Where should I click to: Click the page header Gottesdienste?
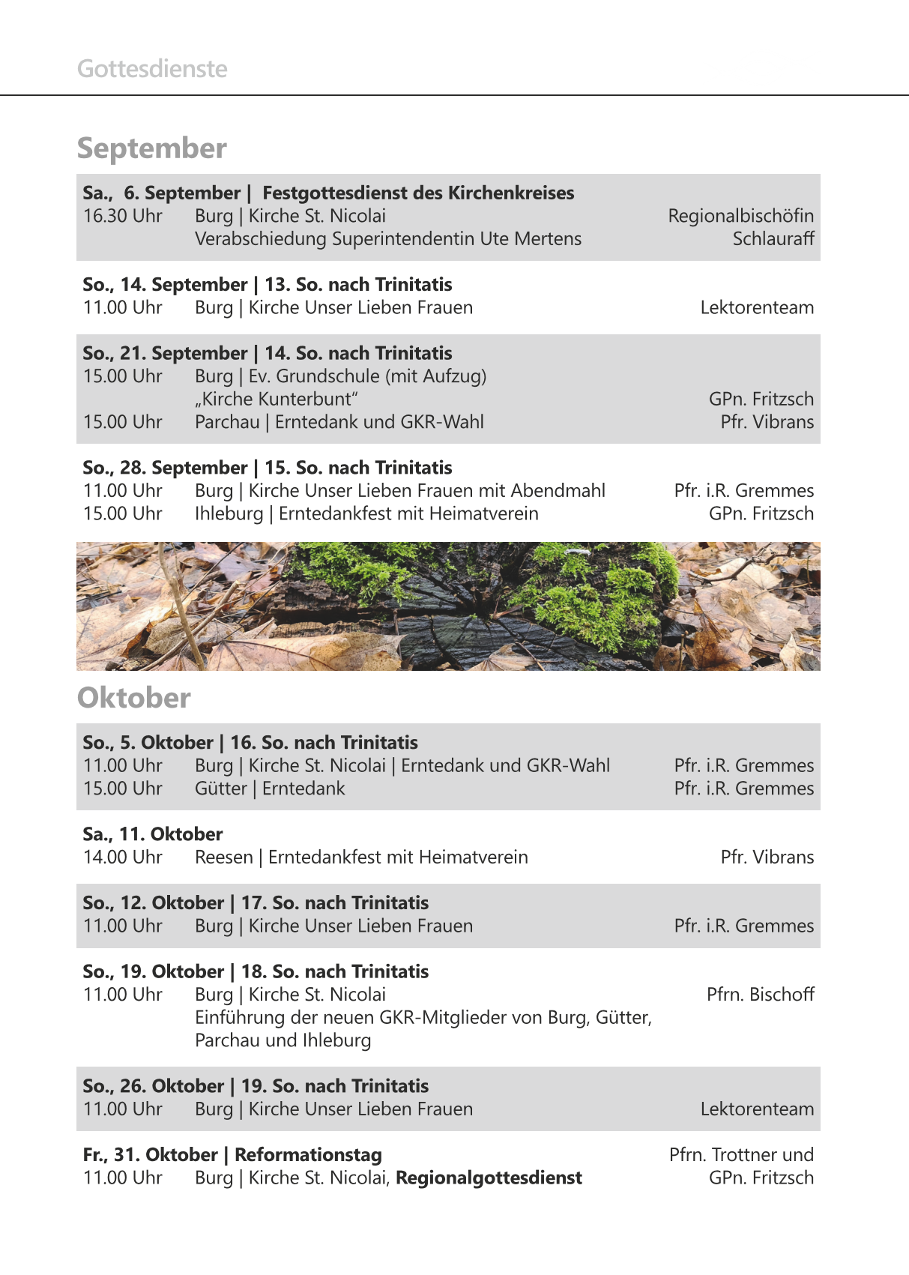(x=152, y=69)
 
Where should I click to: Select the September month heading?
(x=152, y=148)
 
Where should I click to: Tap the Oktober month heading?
(x=134, y=698)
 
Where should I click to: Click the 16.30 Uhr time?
(x=122, y=216)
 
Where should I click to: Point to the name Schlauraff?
(x=773, y=239)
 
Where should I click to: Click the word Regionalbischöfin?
(x=740, y=216)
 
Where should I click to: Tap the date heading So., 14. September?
(x=165, y=285)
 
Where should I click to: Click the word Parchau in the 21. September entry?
(x=227, y=422)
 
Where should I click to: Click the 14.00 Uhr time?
(x=122, y=857)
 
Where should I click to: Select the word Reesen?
(x=224, y=857)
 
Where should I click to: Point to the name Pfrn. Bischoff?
(x=760, y=995)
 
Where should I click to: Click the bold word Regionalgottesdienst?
(x=489, y=1178)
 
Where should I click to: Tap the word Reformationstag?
(x=308, y=1155)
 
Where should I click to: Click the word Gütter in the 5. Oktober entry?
(x=221, y=789)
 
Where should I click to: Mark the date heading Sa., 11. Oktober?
(x=153, y=834)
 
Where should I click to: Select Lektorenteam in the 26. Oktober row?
(x=757, y=1109)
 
